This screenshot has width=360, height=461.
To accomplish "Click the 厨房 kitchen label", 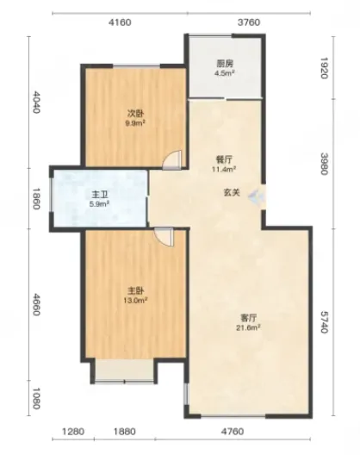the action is [225, 63].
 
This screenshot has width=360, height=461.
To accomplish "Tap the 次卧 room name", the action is [135, 113].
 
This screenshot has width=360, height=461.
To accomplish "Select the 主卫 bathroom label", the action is [99, 195].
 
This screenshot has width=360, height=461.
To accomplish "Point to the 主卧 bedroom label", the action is [135, 291].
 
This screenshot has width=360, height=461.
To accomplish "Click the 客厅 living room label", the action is [249, 318].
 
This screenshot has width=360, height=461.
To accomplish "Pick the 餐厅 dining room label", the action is [225, 159].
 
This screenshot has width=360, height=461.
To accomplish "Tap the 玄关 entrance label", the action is [233, 192].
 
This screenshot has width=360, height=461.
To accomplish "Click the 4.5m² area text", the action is [224, 73].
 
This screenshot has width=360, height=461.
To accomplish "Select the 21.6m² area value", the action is [249, 327].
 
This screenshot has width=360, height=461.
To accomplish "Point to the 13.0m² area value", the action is [135, 301].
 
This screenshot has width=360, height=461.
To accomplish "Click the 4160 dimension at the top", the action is [120, 22].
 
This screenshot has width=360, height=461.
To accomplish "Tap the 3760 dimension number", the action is [249, 22].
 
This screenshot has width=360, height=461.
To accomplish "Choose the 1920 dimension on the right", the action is [324, 67].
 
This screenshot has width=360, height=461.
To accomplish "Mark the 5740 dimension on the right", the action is [324, 322].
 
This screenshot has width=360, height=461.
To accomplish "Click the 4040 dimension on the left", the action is [35, 102].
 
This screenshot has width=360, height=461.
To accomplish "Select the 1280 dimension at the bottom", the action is [73, 432].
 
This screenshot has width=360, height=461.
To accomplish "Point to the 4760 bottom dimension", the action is [233, 432].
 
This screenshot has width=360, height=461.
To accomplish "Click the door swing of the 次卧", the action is [172, 160].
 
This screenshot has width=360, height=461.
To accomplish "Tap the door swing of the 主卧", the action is [164, 237].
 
